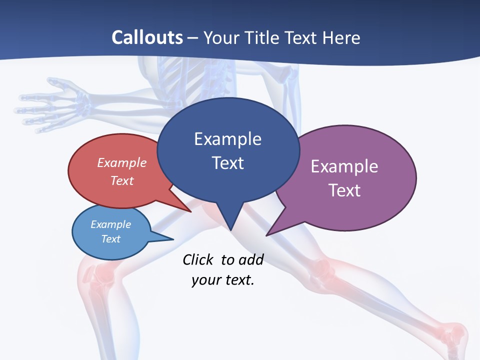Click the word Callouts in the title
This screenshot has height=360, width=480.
(147, 37)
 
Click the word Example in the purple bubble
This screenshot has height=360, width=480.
(344, 166)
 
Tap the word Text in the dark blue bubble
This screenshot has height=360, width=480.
(228, 163)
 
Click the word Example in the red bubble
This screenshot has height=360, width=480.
(122, 162)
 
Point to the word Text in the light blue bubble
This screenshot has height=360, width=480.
(111, 239)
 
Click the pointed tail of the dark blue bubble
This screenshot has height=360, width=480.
(230, 228)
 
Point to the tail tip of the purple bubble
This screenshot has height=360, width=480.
(268, 234)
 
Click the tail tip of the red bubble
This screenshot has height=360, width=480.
(190, 211)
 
